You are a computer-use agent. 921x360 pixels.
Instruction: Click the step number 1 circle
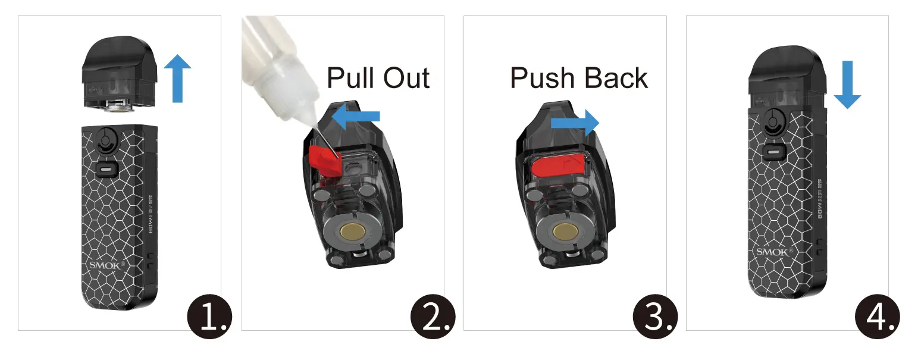pyautogui.click(x=209, y=315)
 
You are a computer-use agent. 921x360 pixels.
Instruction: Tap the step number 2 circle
pyautogui.click(x=433, y=315)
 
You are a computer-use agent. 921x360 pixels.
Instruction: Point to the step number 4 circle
pyautogui.click(x=878, y=315)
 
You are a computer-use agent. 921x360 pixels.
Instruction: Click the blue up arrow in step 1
pyautogui.click(x=177, y=77)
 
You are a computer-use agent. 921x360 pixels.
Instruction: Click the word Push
pyautogui.click(x=543, y=78)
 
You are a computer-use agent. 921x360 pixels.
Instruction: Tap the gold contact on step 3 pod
pyautogui.click(x=562, y=231)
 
